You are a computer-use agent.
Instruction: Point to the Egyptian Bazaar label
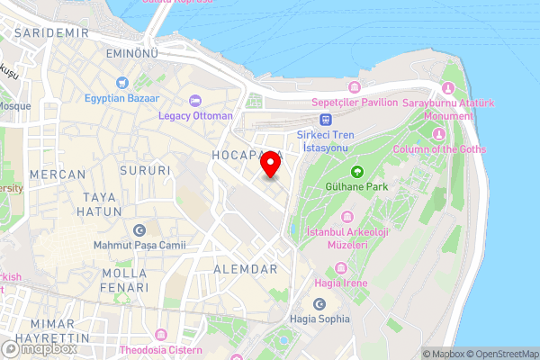pyautogui.click(x=123, y=98)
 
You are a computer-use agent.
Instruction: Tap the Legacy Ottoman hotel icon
pyautogui.click(x=195, y=99)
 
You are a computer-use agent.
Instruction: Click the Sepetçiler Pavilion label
pyautogui.click(x=354, y=103)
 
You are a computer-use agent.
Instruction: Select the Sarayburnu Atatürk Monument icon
pyautogui.click(x=448, y=88)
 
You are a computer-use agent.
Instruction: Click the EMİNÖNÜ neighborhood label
pyautogui.click(x=132, y=56)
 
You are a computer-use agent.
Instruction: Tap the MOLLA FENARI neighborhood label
pyautogui.click(x=125, y=280)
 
